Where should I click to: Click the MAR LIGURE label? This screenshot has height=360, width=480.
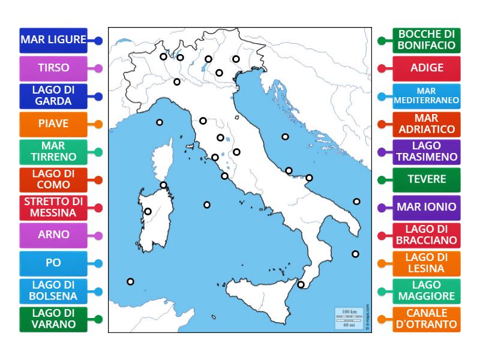(53, 40)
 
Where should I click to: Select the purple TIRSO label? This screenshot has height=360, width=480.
(53, 68)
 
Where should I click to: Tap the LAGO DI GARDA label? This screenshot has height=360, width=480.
(53, 96)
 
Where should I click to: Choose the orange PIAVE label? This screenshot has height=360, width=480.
(53, 124)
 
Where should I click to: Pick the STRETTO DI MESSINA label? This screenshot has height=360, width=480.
(53, 207)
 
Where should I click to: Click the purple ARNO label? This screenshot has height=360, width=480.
(53, 235)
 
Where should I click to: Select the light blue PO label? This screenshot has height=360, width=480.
(53, 263)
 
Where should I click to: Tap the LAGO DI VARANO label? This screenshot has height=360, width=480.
(53, 319)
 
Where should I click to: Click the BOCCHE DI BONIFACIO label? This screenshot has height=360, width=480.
(427, 40)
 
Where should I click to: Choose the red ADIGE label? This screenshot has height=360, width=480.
(427, 68)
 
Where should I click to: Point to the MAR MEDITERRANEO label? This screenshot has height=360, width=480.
(427, 96)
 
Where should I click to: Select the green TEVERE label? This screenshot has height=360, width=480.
(427, 179)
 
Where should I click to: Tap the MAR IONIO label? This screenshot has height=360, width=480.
(427, 207)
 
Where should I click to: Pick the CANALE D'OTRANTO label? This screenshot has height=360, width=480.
(427, 319)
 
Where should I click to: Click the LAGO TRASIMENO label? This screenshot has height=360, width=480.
(427, 151)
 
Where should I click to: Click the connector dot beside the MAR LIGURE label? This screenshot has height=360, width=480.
(98, 41)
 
